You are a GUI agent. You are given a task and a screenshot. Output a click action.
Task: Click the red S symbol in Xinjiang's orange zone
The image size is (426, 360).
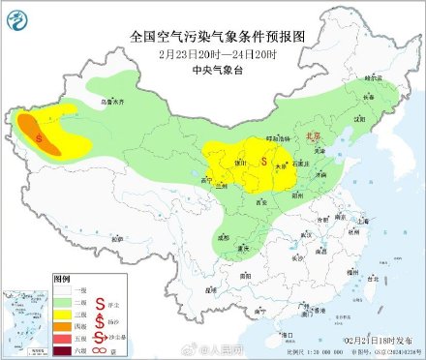tap(39, 138)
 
